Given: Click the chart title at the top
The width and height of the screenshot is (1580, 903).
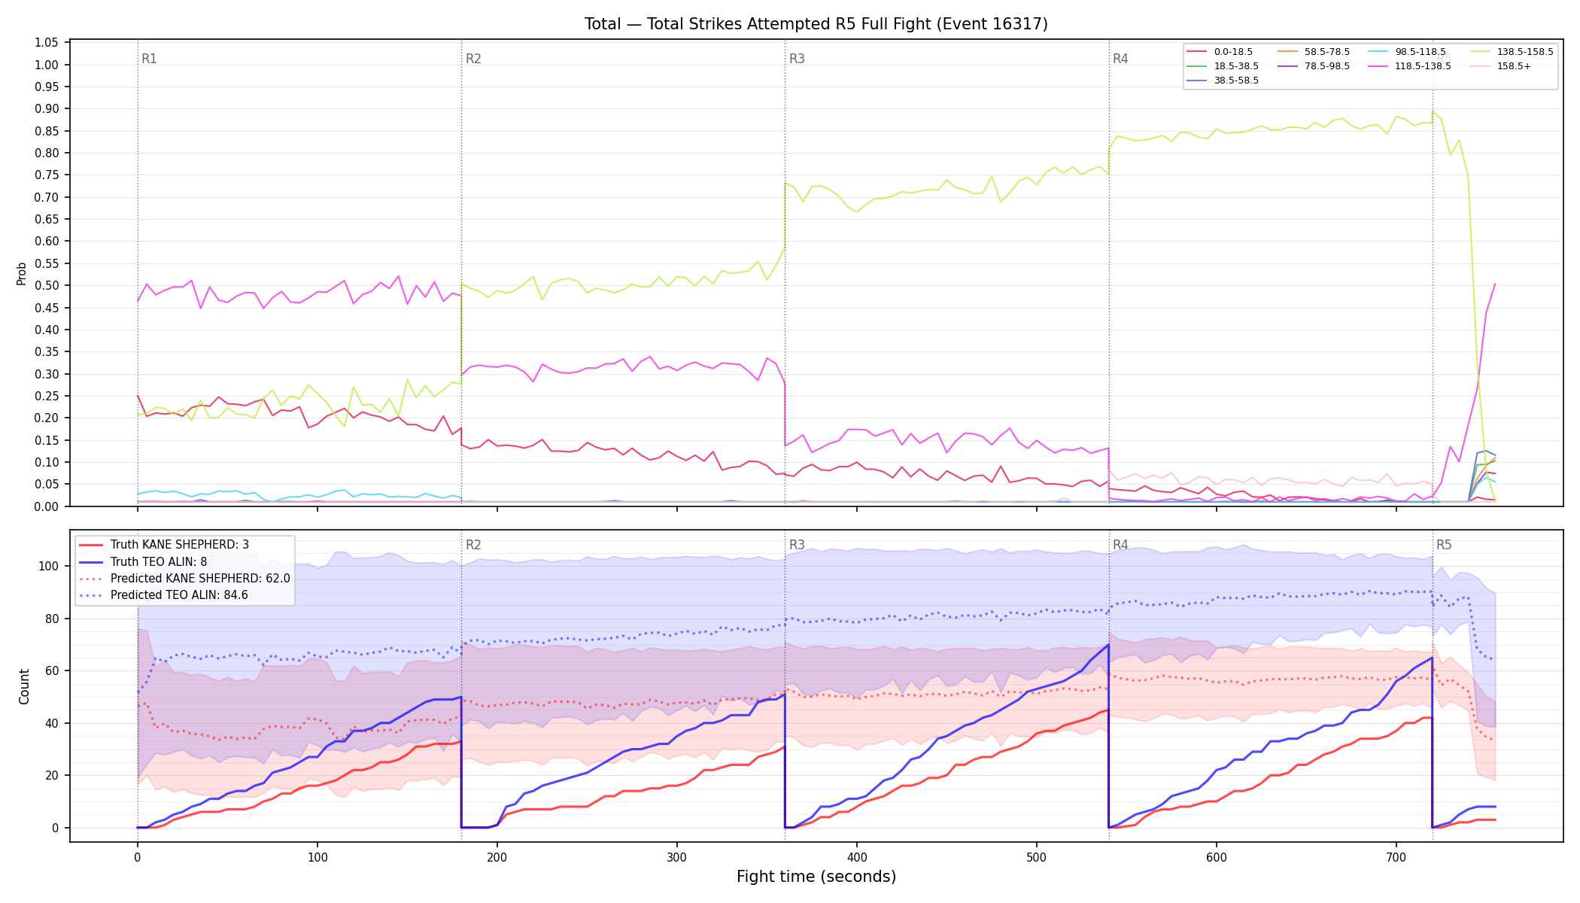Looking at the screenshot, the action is (816, 24).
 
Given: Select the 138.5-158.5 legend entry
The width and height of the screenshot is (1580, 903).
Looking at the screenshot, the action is (1513, 52).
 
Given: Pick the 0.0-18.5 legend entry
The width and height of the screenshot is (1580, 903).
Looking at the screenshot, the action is (1220, 52).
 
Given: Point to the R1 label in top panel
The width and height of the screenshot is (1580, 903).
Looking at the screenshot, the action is (149, 59).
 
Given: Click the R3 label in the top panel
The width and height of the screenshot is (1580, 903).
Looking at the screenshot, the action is (797, 59).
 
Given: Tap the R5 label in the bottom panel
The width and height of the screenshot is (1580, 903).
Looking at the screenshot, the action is (1444, 545).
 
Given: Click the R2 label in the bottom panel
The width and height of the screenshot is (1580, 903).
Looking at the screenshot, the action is (473, 545).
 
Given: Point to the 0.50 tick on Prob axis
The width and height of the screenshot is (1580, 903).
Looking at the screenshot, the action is (47, 286).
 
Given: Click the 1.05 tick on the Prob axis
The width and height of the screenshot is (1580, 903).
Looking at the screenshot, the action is (47, 43).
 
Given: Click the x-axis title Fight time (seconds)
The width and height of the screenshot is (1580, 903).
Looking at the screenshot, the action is (816, 877).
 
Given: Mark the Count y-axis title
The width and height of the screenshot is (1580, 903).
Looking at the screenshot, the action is (24, 686).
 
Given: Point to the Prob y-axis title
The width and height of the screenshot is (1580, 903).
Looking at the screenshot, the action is (22, 273).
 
